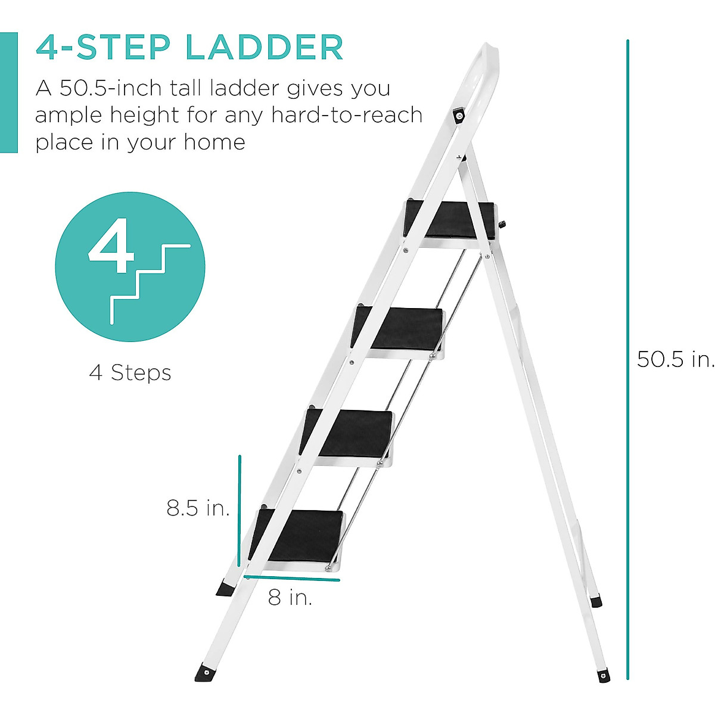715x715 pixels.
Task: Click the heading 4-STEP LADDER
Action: (189, 48)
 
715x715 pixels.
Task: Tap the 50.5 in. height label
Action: (674, 359)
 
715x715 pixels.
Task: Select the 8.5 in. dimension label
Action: (198, 508)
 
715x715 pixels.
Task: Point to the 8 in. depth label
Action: (290, 597)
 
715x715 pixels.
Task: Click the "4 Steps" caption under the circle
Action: (130, 373)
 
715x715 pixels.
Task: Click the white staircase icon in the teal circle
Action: (149, 280)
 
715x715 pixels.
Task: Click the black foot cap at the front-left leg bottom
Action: (206, 673)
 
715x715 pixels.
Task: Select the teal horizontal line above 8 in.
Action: (292, 578)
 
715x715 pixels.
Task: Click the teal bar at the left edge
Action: (8, 92)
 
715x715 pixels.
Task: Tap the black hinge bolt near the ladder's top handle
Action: (459, 116)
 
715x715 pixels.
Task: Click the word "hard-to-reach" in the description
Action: (347, 115)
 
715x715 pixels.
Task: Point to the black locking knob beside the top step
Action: (502, 225)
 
